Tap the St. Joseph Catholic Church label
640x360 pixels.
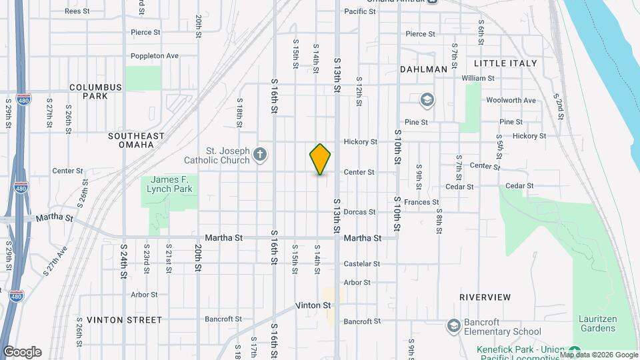(217, 155)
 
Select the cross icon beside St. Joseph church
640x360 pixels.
(260, 155)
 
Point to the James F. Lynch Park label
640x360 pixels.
(171, 184)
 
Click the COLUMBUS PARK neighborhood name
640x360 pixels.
(95, 91)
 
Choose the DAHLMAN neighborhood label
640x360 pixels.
(423, 69)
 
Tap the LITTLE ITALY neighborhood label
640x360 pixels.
(505, 63)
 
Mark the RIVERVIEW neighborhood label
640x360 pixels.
(485, 297)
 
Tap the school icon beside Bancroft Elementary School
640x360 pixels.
(453, 325)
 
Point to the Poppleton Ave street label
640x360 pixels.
(155, 56)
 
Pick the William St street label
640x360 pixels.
(477, 78)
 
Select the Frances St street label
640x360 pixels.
(421, 202)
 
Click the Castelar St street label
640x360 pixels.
(361, 264)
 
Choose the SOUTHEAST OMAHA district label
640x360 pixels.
(136, 140)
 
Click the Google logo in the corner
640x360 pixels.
(21, 352)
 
